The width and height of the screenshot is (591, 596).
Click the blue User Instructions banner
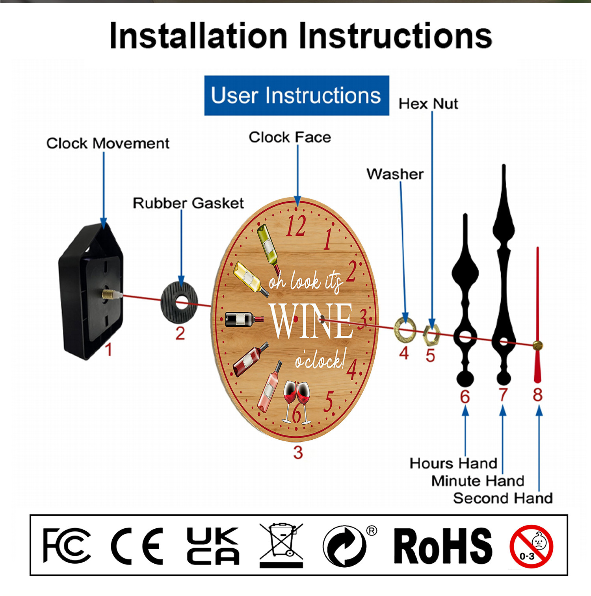(x=297, y=96)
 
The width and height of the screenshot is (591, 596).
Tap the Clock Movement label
(x=108, y=143)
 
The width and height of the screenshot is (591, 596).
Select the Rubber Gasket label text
(x=188, y=203)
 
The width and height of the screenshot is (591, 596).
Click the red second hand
(x=537, y=315)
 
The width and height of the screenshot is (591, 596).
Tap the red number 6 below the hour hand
(x=465, y=396)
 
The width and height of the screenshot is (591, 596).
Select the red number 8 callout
(x=538, y=394)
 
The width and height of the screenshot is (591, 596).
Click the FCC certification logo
(x=67, y=546)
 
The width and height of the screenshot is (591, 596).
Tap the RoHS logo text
(x=443, y=546)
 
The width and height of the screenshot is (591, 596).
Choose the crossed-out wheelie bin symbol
(x=281, y=546)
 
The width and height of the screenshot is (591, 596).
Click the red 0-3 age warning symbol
(x=532, y=547)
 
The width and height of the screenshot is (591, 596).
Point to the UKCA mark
(x=213, y=546)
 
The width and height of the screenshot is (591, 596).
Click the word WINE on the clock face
(x=311, y=320)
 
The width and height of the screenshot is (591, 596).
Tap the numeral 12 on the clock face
(x=296, y=226)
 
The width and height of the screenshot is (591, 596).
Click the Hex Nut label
(x=428, y=104)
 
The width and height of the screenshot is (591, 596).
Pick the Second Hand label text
(x=503, y=498)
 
